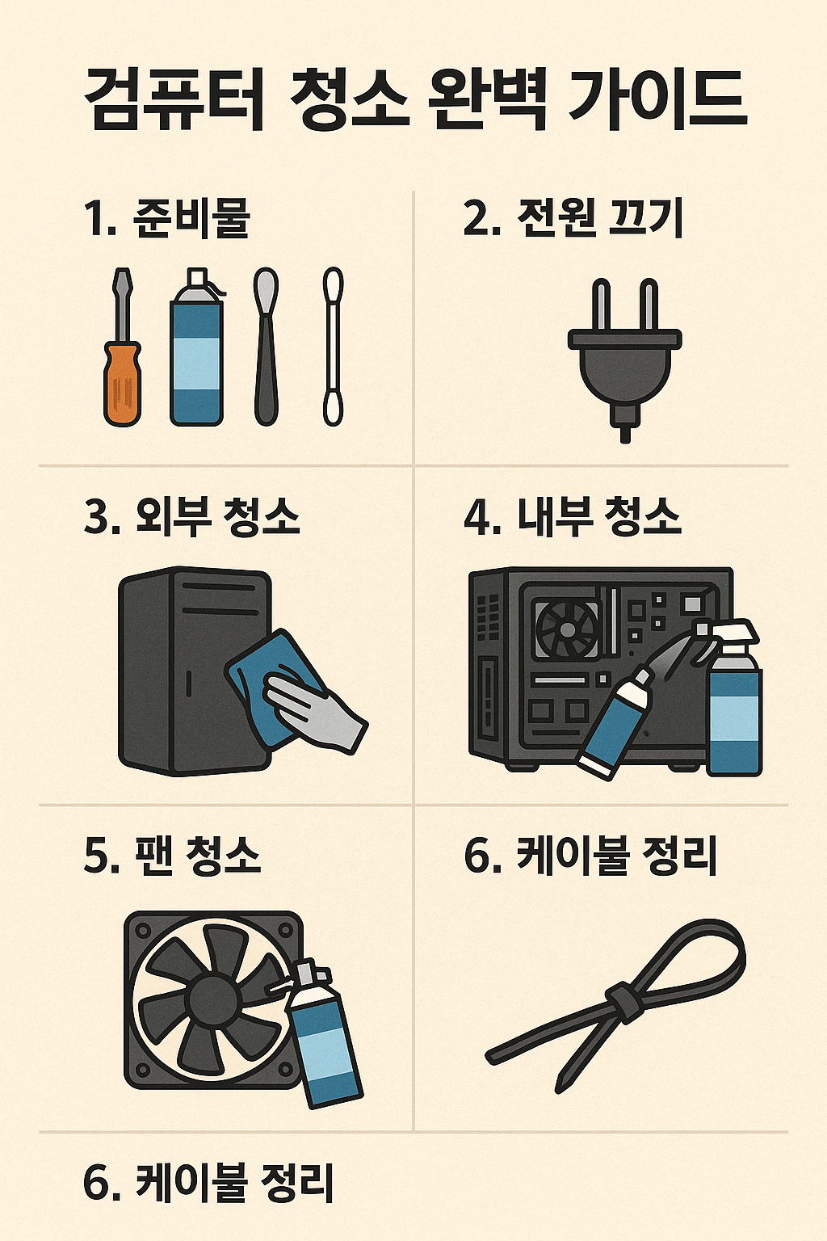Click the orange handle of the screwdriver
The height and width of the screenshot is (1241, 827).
pyautogui.click(x=123, y=383)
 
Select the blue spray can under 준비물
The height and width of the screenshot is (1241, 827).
pyautogui.click(x=196, y=355)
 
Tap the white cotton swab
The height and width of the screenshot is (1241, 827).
pyautogui.click(x=333, y=347)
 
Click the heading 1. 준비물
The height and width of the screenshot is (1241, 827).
pyautogui.click(x=166, y=218)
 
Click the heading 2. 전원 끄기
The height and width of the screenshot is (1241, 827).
pyautogui.click(x=573, y=218)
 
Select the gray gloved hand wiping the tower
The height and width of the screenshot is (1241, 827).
pyautogui.click(x=315, y=711)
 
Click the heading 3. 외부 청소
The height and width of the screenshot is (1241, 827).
pyautogui.click(x=192, y=517)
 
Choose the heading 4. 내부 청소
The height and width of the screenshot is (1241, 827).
pyautogui.click(x=573, y=517)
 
